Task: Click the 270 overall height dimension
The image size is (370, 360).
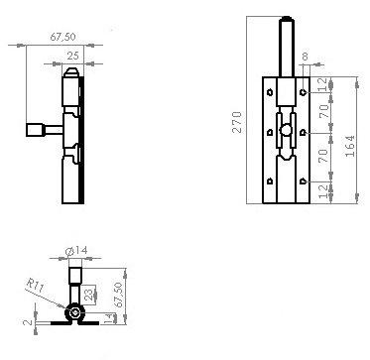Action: [x=237, y=122]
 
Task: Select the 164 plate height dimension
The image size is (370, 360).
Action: [x=349, y=146]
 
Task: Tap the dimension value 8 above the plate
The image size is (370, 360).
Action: [x=305, y=57]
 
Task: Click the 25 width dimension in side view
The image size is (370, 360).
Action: [x=73, y=56]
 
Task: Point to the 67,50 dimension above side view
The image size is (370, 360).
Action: [x=62, y=37]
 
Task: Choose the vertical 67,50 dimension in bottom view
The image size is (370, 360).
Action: [x=119, y=295]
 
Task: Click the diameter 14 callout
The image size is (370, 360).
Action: [x=76, y=251]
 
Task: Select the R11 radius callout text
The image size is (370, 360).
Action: [x=35, y=285]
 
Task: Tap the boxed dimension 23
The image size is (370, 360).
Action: [x=88, y=293]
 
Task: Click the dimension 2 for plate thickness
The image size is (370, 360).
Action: [x=28, y=321]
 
